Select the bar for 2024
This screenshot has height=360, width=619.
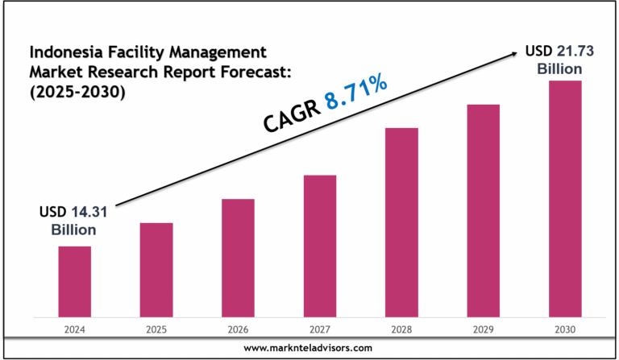coord(74,281)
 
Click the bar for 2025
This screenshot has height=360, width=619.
coord(156,269)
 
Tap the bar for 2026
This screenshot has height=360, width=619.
coord(238,257)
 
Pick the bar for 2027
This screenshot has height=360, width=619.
coord(320,246)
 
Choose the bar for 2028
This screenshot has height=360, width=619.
coord(401,221)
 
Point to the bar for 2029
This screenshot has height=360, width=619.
coord(484,210)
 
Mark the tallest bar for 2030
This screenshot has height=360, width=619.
coord(565,198)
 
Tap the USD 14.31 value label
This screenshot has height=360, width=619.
coord(73,213)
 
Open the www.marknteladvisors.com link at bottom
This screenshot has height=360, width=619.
coord(309,347)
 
